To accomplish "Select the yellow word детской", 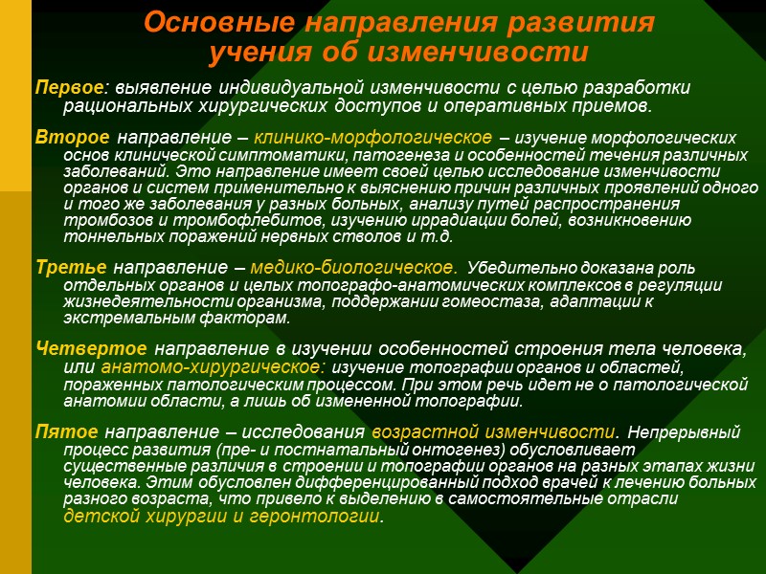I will coord(101,517).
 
